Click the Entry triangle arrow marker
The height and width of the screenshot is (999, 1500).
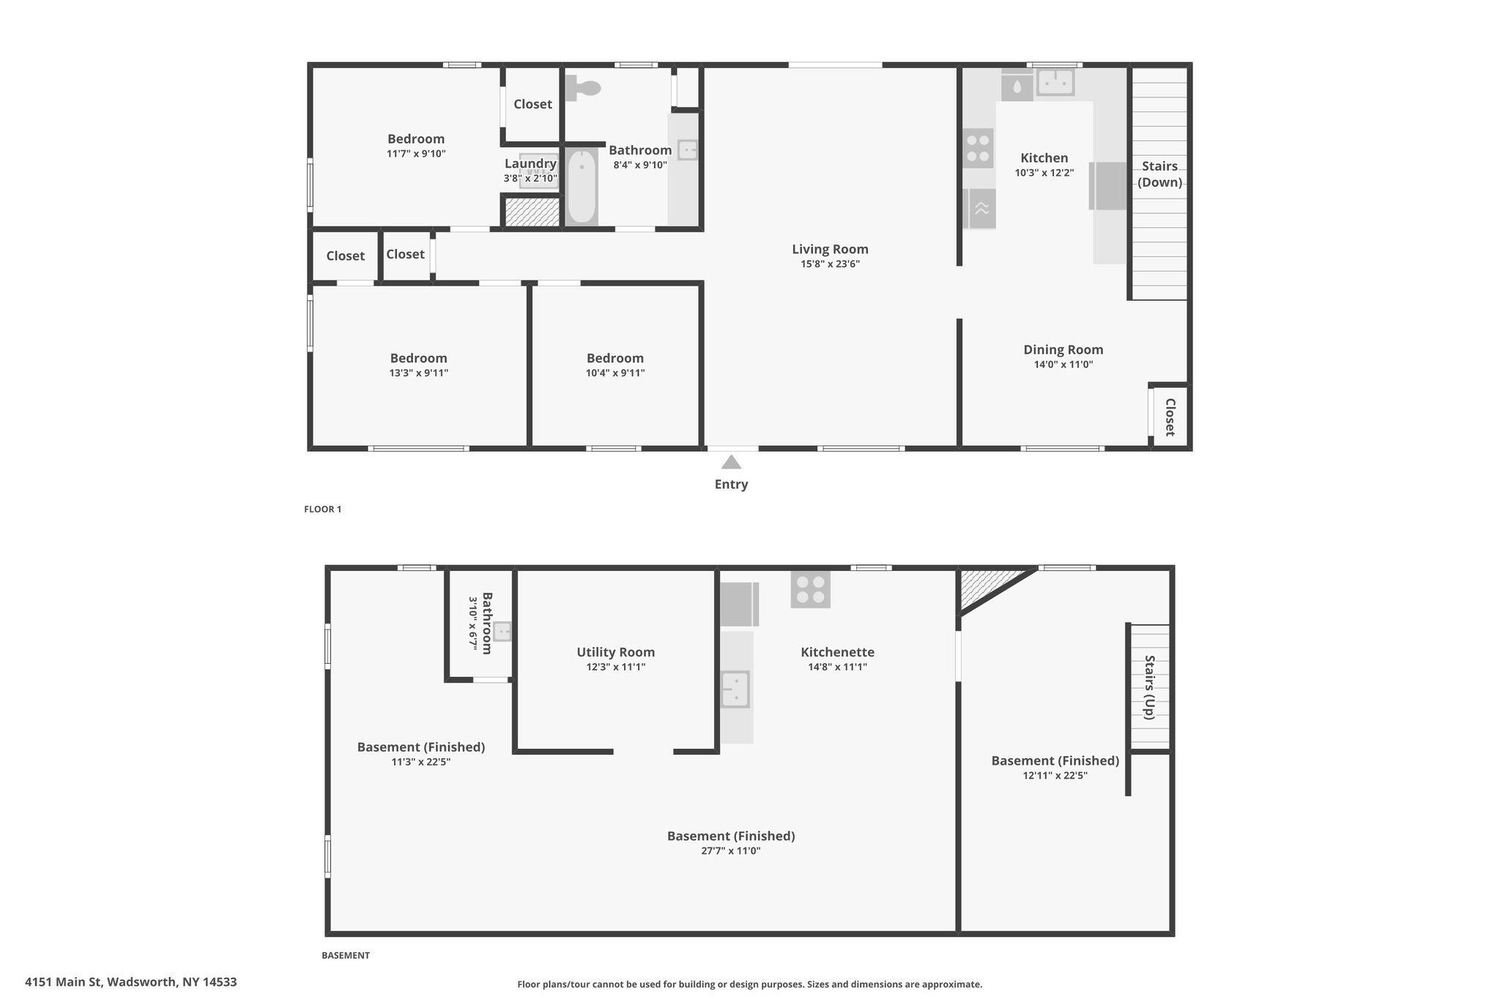pos(731,462)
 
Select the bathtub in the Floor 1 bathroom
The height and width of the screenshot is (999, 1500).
pos(582,186)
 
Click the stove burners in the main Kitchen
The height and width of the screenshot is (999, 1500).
pos(978,149)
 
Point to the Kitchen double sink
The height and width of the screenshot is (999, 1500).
pos(1055,83)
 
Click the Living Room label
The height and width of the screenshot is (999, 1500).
pos(830,249)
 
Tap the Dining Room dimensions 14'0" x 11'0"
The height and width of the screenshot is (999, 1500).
pos(1058,364)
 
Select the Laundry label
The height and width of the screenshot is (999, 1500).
pos(530,164)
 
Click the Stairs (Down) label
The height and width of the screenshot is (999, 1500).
pos(1159,174)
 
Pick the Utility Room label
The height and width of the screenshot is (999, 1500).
pos(615,652)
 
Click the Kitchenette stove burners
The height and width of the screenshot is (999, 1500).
pos(810,589)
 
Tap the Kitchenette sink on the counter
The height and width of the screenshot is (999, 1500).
pos(735,689)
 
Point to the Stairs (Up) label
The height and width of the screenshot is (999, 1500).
pos(1149,687)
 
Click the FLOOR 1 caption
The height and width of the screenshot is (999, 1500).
pos(322,509)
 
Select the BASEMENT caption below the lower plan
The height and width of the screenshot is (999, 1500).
pos(346,955)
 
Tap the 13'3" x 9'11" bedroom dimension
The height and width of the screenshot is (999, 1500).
pos(419,373)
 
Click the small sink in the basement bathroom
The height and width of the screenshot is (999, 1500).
pos(502,631)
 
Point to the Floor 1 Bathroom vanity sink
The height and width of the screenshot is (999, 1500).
pos(688,150)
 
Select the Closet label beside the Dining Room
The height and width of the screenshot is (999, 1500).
pos(1170,417)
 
